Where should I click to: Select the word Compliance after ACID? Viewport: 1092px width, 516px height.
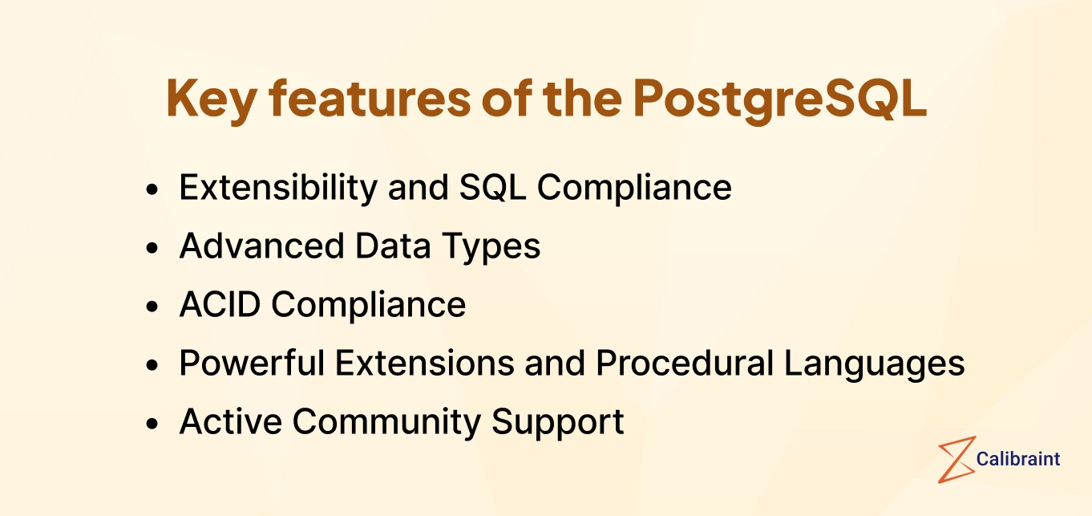click(x=368, y=305)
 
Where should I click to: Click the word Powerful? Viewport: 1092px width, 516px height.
click(x=252, y=364)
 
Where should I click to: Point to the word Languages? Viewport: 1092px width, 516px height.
click(x=874, y=364)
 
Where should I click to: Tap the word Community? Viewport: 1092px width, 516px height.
click(x=386, y=422)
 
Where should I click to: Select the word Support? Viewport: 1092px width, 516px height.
click(x=558, y=422)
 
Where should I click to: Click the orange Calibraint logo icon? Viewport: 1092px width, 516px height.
click(x=957, y=459)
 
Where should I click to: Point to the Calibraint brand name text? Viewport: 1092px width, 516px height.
click(x=1018, y=459)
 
